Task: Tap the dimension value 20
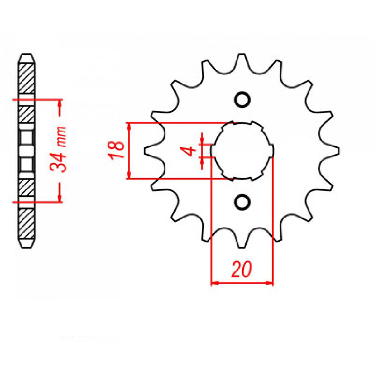[x=241, y=270]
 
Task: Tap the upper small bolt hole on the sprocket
[x=242, y=100]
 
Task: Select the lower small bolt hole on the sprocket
[x=242, y=202]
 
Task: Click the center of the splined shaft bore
[x=242, y=151]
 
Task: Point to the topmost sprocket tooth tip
[x=242, y=55]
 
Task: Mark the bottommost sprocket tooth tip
[x=242, y=247]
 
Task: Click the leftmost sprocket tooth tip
[x=146, y=151]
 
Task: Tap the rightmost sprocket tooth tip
[x=338, y=151]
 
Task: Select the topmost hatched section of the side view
[x=26, y=78]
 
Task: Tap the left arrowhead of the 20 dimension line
[x=215, y=283]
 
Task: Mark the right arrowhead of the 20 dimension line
[x=270, y=283]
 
